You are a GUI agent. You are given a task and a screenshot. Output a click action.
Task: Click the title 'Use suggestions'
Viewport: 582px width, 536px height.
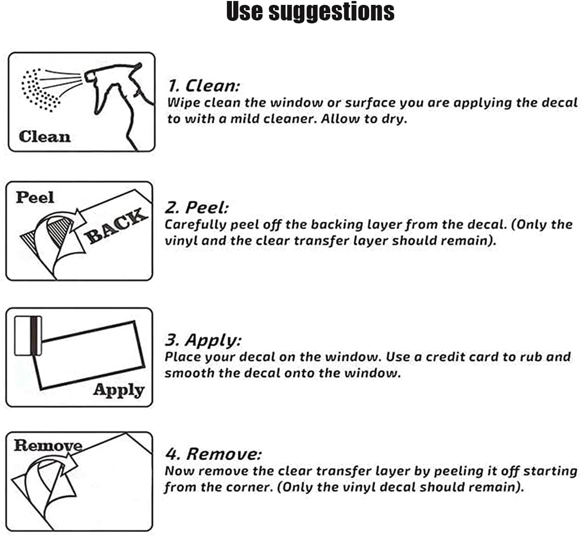tap(310, 12)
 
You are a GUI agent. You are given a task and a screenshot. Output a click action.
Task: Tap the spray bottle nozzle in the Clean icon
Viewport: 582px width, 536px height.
tap(90, 77)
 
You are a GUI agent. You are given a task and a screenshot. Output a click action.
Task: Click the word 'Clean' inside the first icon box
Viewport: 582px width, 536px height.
tap(44, 137)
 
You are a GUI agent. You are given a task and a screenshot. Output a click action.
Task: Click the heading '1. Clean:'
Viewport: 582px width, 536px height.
tap(204, 86)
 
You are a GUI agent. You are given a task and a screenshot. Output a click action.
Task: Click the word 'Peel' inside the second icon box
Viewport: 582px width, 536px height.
tap(35, 197)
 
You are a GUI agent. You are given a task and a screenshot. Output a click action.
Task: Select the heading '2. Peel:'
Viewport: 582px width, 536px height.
tap(197, 207)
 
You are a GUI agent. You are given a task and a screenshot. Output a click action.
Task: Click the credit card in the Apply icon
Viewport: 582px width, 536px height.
tap(28, 336)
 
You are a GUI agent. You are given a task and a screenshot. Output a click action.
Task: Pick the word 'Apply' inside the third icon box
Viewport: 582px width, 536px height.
tap(119, 390)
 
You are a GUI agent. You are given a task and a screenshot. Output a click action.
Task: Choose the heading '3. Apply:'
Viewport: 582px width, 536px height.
tap(203, 340)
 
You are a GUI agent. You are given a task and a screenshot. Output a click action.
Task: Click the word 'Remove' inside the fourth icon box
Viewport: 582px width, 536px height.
tap(48, 445)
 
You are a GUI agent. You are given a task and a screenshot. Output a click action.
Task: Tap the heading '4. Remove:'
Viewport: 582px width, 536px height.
tap(213, 454)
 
